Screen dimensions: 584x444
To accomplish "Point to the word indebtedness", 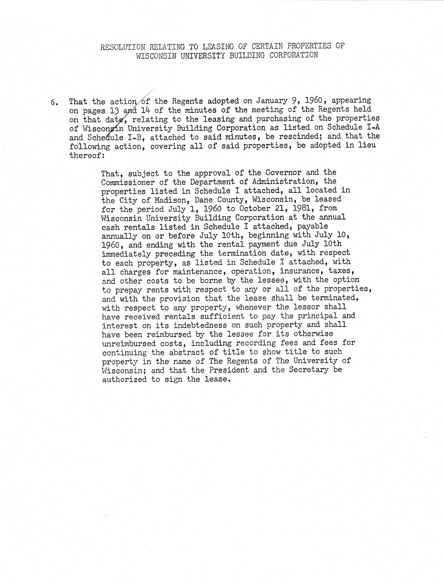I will tap(196, 325).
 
